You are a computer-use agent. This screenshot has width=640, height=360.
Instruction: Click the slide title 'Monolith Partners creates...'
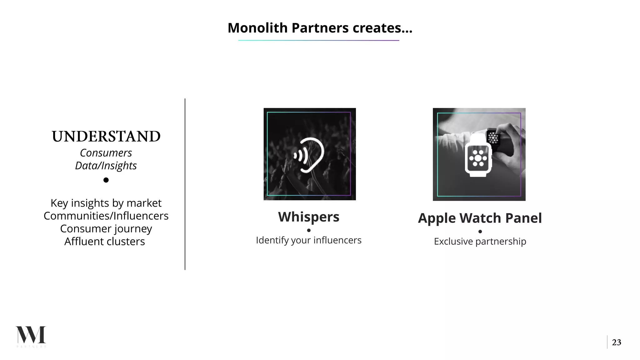point(320,28)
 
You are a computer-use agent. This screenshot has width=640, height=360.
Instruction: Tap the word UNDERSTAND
point(106,137)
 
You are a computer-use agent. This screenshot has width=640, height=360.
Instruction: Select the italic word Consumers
point(106,153)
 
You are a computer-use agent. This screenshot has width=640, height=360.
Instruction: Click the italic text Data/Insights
point(106,166)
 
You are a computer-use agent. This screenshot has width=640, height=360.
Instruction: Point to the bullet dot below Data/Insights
point(106,180)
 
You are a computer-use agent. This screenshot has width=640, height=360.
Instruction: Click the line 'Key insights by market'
point(106,203)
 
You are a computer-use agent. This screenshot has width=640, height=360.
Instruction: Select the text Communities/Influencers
point(106,216)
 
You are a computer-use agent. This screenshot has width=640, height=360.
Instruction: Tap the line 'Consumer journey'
point(106,229)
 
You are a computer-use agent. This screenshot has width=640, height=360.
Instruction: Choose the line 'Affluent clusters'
point(105,242)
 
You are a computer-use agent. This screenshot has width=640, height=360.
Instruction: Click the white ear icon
point(309,155)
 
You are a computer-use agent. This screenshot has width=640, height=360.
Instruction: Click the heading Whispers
point(309,217)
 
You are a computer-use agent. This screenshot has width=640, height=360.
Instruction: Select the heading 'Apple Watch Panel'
point(480,218)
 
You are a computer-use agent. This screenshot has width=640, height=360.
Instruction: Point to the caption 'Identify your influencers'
point(309,240)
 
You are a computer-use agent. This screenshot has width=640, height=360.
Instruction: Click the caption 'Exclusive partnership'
point(480,241)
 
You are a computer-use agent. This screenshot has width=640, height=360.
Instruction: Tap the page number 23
point(616,342)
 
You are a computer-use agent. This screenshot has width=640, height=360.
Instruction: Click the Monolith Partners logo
point(31,336)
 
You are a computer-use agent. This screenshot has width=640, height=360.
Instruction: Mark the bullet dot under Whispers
point(309,230)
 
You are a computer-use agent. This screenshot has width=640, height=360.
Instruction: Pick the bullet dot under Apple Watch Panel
point(480,232)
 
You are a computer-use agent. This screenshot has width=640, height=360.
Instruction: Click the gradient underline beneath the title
point(318,40)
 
